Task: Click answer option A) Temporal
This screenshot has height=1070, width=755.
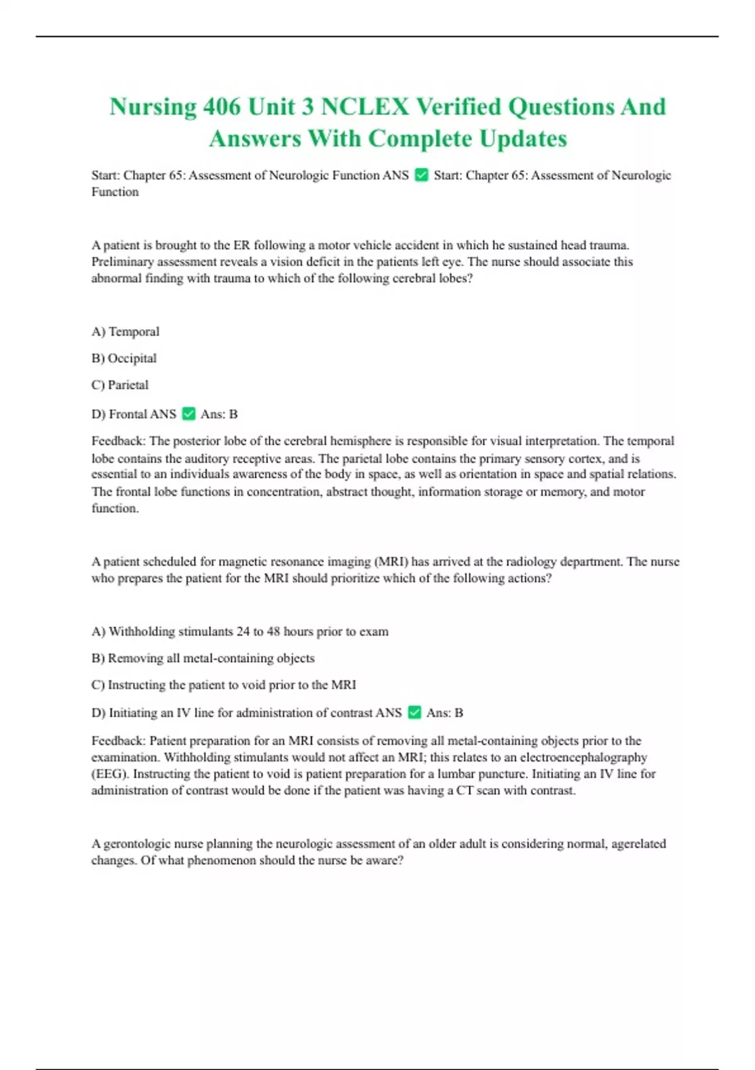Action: (x=125, y=332)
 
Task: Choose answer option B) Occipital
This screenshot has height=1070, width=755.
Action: (x=124, y=358)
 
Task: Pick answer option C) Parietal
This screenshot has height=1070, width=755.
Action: (x=120, y=385)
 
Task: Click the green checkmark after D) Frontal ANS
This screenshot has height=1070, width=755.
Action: (x=188, y=414)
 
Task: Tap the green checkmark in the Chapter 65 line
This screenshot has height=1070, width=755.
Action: (x=422, y=175)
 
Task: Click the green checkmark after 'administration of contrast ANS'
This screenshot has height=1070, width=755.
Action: (x=414, y=712)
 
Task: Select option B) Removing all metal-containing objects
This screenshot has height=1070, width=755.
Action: (x=203, y=658)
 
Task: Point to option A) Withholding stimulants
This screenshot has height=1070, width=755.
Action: (x=240, y=631)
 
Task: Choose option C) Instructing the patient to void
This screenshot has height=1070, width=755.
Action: (x=223, y=685)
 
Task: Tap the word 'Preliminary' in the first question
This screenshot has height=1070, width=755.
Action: (x=122, y=262)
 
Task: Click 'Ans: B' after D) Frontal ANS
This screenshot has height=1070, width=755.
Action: (x=219, y=414)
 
